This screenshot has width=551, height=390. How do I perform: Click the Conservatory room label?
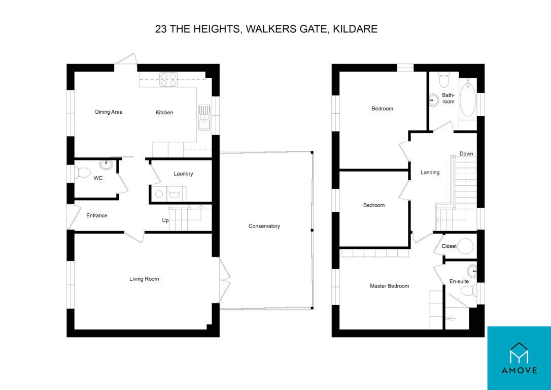point(264,226)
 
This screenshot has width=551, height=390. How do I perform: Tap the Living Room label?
point(144,279)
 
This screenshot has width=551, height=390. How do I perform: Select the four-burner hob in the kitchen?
point(168,79)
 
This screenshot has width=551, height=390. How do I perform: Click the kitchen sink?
point(204,117)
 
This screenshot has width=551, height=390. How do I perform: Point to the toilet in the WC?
point(82,172)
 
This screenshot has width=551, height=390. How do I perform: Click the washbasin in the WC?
point(106,164)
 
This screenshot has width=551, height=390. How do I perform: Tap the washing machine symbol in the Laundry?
point(159,194)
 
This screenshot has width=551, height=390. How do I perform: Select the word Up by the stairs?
point(165,220)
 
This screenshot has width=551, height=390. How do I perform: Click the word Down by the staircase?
point(466,154)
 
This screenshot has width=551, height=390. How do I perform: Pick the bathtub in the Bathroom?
point(467,98)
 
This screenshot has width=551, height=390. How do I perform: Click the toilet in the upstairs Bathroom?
point(444,80)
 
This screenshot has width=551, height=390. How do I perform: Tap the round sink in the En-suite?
point(472,271)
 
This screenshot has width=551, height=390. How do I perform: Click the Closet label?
point(449,246)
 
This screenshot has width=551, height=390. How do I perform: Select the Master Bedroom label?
point(389,286)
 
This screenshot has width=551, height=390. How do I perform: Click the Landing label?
point(430,173)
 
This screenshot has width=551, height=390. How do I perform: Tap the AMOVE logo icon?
point(519,353)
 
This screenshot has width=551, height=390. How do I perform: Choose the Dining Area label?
point(109,112)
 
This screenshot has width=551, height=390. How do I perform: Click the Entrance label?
point(96,216)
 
